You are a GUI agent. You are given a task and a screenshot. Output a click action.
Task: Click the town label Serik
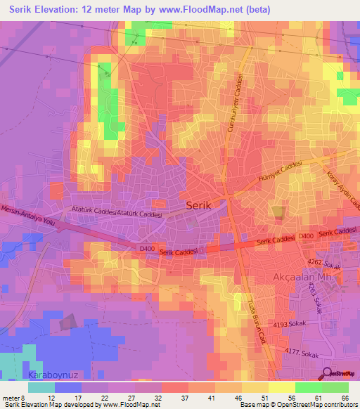tap(204, 206)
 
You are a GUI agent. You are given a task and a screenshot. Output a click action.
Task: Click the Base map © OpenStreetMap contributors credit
tap(297, 404)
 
